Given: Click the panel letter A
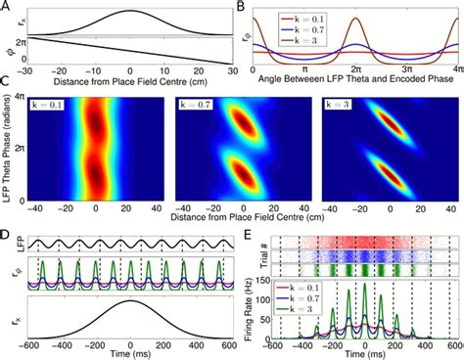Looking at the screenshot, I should pyautogui.click(x=7, y=7).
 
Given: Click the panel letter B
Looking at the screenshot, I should pyautogui.click(x=241, y=7).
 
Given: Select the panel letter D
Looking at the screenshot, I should pyautogui.click(x=7, y=232).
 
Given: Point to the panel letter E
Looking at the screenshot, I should pyautogui.click(x=241, y=232).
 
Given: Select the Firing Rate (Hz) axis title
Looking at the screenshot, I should pyautogui.click(x=250, y=303).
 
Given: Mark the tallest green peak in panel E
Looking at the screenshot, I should pyautogui.click(x=365, y=284).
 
